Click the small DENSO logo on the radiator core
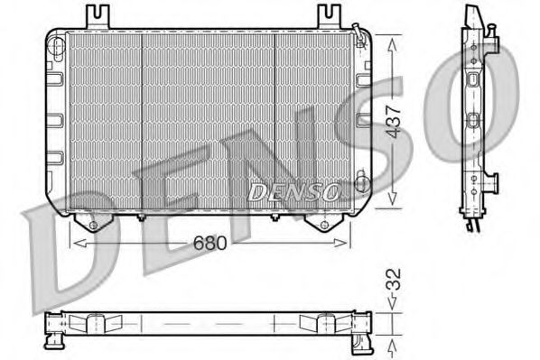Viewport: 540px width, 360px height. pos(293,191)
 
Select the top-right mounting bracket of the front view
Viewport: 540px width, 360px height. pos(331,16)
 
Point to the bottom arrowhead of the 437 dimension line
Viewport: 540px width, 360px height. pos(391,204)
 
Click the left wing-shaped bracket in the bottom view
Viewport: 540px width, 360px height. pos(95,323)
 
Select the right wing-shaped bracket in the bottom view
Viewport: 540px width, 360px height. pos(321,323)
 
